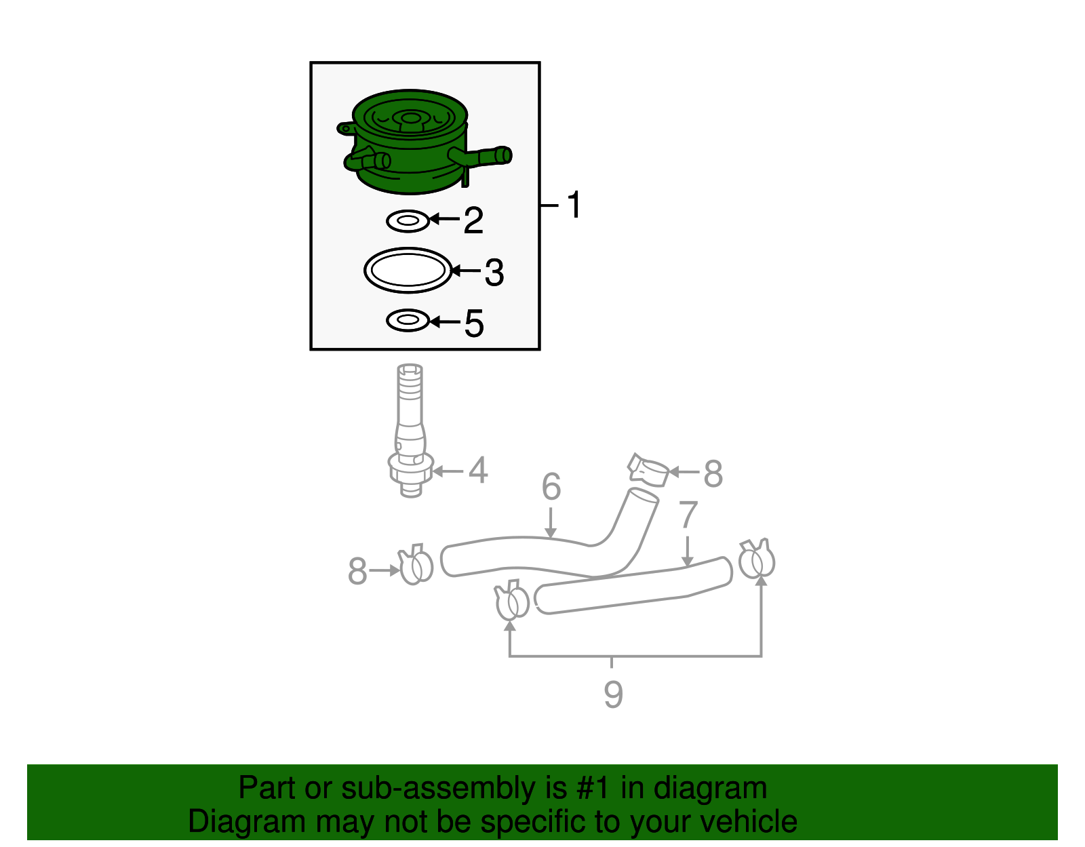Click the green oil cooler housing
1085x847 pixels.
[410, 146]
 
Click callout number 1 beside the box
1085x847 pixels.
[574, 205]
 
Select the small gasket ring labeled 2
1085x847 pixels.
[408, 220]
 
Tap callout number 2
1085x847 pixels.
[473, 220]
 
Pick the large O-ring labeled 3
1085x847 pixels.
[408, 270]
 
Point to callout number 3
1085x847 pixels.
[494, 273]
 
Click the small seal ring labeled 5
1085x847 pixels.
[408, 320]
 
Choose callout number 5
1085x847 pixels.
[474, 323]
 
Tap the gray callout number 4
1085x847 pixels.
[478, 471]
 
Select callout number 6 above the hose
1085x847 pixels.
[551, 487]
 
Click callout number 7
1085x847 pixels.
[688, 515]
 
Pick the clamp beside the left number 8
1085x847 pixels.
[416, 565]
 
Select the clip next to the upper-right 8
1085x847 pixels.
[648, 469]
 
